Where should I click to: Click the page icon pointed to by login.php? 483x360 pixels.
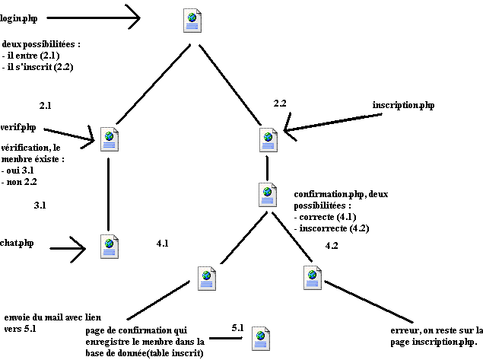pos(193,21)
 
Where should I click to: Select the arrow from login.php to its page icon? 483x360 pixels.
pos(99,14)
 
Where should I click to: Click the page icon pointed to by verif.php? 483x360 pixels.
pos(110,139)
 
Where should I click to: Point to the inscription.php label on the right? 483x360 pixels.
pos(404,104)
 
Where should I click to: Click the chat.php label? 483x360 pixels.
pos(17,243)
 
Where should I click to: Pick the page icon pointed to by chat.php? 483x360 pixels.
pos(110,246)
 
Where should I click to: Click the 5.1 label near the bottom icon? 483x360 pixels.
pos(237,327)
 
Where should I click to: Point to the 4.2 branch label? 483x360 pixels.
pos(332,246)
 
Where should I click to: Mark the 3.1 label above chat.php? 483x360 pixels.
pos(41,205)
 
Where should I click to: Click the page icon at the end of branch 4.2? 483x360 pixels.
pos(311,278)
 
